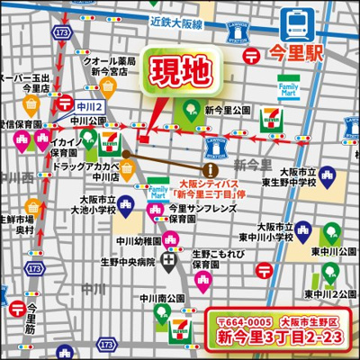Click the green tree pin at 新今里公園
tap(191, 109)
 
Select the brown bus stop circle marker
tap(210, 168)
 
